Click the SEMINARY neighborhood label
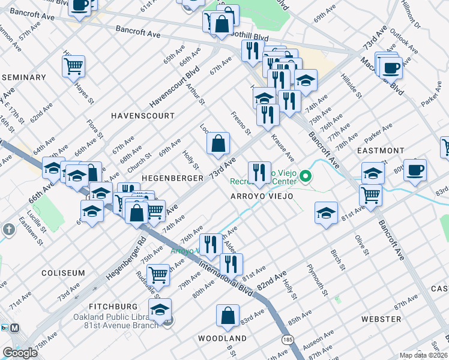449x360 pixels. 24,77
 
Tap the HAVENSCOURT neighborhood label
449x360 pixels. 142,115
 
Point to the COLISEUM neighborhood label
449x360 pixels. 63,273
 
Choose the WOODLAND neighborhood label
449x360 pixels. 222,338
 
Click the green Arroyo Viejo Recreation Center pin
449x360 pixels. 306,176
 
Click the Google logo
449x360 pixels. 20,353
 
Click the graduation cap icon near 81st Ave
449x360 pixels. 326,212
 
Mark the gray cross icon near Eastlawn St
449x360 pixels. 8,229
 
